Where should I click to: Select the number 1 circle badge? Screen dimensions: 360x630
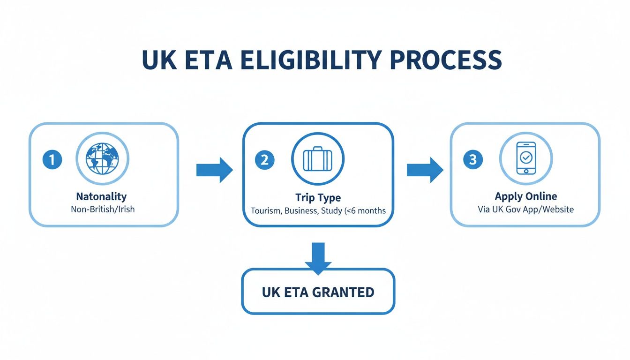click(x=52, y=160)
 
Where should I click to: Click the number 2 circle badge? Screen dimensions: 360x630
click(x=264, y=160)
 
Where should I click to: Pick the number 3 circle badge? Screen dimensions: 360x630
click(x=472, y=160)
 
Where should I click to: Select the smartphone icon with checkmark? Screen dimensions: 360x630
click(x=526, y=158)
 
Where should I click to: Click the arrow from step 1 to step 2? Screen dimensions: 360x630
click(x=214, y=170)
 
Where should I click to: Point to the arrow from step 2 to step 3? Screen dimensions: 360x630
click(x=424, y=170)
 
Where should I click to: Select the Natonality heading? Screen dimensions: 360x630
click(x=101, y=196)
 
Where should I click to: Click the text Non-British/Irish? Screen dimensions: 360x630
click(x=103, y=210)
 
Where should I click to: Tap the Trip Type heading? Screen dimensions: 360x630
click(x=318, y=197)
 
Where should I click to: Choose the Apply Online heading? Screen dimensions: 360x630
click(x=525, y=196)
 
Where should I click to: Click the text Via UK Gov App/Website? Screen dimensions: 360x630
click(x=525, y=210)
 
